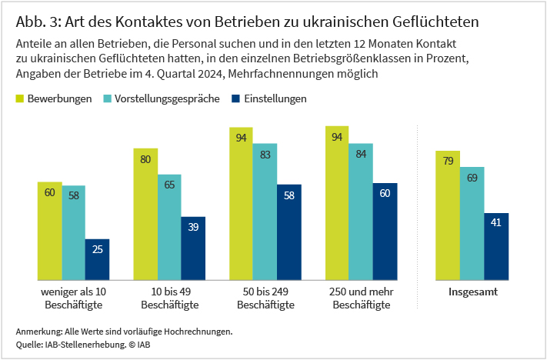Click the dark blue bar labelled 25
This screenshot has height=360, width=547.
tap(98, 259)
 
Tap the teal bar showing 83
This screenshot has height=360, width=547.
tap(265, 212)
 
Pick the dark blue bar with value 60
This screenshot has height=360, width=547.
tap(385, 232)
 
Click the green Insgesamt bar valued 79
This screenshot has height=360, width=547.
tap(449, 215)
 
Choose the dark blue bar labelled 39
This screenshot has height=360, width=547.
tap(193, 248)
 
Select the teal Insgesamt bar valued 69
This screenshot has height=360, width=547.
tap(472, 223)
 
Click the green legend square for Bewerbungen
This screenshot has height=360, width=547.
tap(19, 99)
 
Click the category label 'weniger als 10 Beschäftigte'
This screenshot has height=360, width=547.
tap(73, 298)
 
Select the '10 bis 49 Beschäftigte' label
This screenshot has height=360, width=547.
tap(170, 298)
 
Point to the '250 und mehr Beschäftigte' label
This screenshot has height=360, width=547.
tap(361, 298)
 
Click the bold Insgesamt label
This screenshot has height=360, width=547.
tap(472, 292)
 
